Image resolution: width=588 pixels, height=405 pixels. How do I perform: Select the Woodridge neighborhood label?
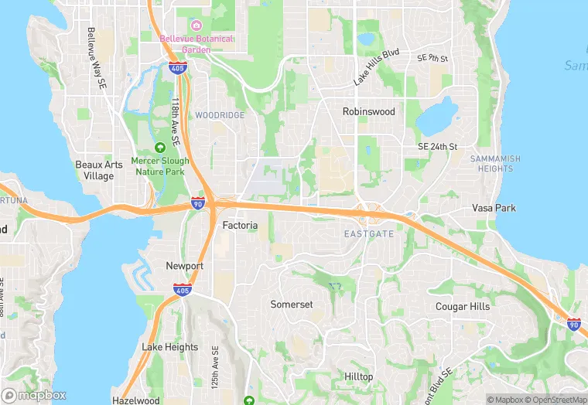(220, 115)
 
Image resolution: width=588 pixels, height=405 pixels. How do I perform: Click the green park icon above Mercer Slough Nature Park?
(160, 147)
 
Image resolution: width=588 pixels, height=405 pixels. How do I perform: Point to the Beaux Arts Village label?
(94, 170)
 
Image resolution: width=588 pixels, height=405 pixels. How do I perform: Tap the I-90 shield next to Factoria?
(198, 203)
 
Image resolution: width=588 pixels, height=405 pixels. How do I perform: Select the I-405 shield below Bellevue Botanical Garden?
(176, 68)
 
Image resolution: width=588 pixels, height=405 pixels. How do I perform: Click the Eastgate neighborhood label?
(369, 233)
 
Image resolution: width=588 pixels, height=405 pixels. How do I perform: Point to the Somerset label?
(292, 305)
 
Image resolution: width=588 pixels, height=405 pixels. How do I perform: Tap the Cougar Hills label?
(463, 307)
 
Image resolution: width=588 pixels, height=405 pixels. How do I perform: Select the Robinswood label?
(369, 111)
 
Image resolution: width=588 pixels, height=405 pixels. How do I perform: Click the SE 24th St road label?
(438, 146)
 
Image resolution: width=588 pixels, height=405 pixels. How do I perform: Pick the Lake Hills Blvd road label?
(376, 66)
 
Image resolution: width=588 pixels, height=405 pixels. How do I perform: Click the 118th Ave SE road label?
(176, 121)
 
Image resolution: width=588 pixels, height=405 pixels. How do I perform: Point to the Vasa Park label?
(494, 209)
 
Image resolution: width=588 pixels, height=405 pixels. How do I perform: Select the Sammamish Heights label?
(495, 164)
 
